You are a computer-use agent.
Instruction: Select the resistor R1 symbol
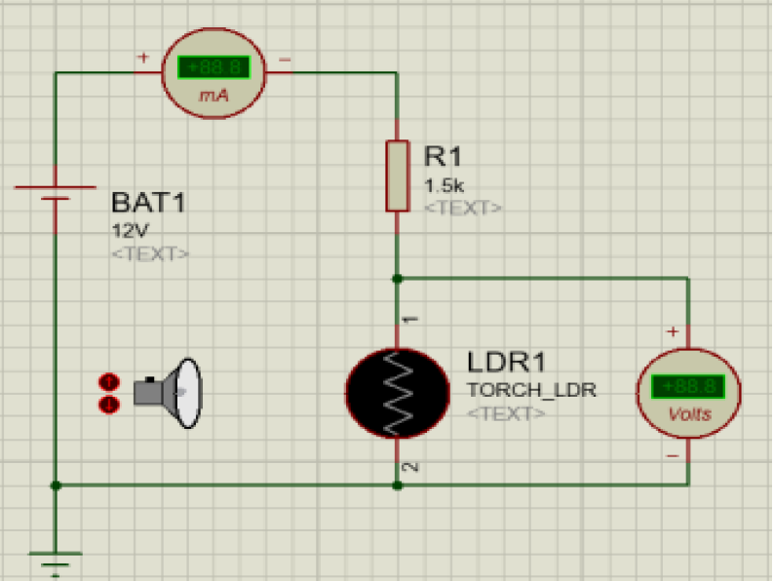[397, 175]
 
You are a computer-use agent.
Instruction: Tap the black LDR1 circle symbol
[397, 392]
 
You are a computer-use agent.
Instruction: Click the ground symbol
[56, 562]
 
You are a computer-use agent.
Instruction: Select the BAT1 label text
[148, 204]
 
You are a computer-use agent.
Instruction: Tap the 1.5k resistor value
[444, 184]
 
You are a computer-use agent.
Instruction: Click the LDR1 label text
[505, 362]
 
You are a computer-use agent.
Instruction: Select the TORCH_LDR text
[531, 390]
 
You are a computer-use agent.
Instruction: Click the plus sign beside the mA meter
[142, 58]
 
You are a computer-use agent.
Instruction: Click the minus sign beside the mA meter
[285, 58]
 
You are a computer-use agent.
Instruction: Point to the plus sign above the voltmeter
[673, 331]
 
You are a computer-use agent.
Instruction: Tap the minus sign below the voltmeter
[673, 455]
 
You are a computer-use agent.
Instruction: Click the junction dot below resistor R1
[397, 279]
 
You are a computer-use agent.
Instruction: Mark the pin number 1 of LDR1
[411, 319]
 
